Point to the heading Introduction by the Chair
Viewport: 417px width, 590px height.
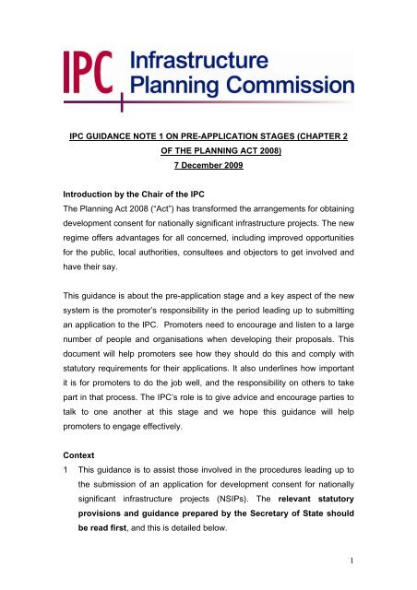point(149,209)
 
